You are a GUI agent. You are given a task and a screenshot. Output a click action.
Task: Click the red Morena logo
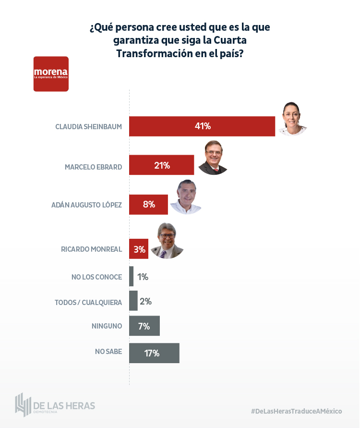51,74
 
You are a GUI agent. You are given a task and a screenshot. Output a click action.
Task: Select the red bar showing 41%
202,126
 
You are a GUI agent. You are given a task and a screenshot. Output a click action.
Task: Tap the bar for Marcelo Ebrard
162,165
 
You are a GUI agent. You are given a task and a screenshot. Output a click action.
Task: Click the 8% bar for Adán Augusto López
148,204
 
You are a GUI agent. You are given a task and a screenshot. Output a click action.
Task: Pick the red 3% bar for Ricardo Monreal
139,249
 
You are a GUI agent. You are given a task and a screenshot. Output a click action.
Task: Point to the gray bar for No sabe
154,353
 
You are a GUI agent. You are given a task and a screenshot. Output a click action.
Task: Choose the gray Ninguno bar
144,326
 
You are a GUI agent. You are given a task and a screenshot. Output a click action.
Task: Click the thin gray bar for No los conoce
131,277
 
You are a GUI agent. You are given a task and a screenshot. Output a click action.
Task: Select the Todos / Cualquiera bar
133,301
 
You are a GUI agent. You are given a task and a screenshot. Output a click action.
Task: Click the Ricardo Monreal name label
91,249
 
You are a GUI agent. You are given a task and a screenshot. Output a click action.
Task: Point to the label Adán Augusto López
86,205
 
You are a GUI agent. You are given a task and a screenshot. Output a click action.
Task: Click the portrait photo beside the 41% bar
292,119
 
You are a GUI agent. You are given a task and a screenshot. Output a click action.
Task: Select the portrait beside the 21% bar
213,158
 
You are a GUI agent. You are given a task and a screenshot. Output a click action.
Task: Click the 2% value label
145,302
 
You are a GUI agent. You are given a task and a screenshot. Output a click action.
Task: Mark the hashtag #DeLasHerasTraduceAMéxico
296,411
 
